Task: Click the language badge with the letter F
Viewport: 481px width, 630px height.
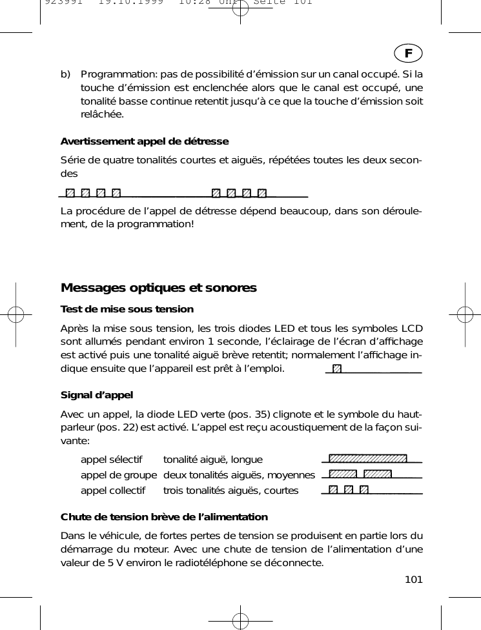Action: tap(409, 51)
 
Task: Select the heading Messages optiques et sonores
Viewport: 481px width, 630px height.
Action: tap(158, 287)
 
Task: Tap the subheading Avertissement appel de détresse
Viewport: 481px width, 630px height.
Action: tap(144, 141)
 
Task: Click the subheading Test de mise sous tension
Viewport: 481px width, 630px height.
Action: tap(127, 309)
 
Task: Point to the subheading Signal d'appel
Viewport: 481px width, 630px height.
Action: tap(96, 395)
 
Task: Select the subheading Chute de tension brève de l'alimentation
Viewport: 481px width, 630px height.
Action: tap(164, 517)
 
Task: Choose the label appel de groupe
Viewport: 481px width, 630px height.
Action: tap(118, 475)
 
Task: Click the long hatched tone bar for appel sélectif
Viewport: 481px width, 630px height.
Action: tap(367, 459)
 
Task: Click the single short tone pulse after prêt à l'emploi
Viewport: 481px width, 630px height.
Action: tap(336, 369)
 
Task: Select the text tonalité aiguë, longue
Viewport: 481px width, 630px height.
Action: tap(213, 460)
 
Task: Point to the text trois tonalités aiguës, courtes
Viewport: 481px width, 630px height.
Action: tap(230, 491)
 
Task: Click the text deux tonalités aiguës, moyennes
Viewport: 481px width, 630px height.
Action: tap(239, 475)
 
